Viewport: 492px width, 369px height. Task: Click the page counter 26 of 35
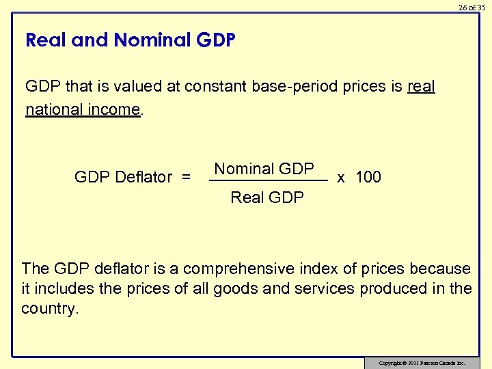click(x=471, y=8)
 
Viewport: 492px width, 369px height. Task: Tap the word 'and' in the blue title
click(x=90, y=40)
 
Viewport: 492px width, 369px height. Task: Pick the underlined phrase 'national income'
click(x=83, y=109)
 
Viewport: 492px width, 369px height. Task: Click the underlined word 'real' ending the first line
click(x=421, y=87)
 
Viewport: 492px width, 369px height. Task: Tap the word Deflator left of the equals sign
click(x=143, y=178)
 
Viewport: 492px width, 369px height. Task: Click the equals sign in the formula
click(x=186, y=178)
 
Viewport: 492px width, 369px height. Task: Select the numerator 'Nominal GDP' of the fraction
click(x=264, y=169)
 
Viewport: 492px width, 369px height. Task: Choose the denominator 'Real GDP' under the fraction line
click(x=267, y=197)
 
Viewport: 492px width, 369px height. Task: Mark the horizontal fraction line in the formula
click(x=268, y=181)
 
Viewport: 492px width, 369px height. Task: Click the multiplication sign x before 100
click(x=341, y=178)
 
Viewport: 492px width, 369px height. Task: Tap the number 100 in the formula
click(x=368, y=178)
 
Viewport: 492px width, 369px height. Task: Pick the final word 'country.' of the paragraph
click(x=51, y=308)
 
